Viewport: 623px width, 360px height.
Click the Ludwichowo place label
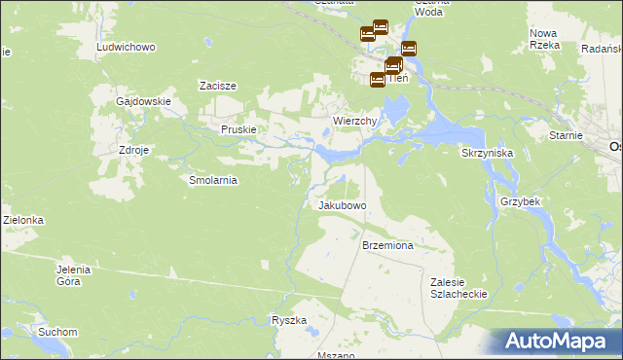coord(127,47)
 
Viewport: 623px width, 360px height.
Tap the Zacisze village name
coord(219,86)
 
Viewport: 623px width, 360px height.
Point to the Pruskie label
coord(238,129)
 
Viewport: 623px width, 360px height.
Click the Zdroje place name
coord(133,151)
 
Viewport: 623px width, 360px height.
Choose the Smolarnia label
coord(213,180)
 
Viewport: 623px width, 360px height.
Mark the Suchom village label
coord(57,332)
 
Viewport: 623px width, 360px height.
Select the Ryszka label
coord(289,320)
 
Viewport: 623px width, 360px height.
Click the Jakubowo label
coord(342,206)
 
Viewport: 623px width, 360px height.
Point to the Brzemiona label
coord(388,246)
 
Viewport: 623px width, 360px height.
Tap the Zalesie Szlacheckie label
coord(458,287)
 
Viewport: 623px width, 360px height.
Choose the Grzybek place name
coord(520,201)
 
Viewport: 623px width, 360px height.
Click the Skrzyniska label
coord(494,154)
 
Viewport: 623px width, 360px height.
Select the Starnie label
coord(566,136)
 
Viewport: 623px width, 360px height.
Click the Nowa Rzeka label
coord(542,39)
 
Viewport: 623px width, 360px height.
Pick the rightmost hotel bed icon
coord(409,48)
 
